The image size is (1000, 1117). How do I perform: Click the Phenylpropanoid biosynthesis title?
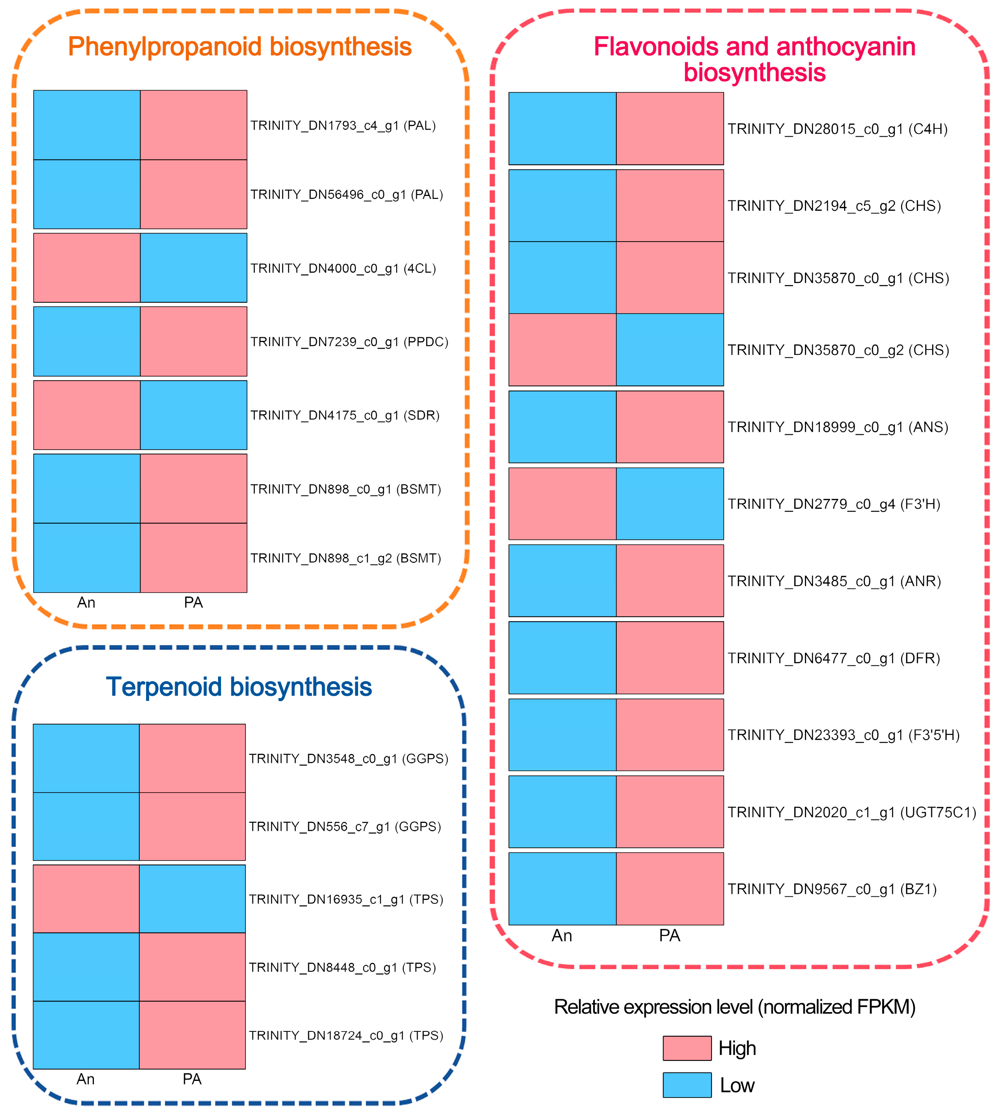click(x=239, y=47)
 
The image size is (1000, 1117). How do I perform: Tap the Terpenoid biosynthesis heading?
click(x=239, y=687)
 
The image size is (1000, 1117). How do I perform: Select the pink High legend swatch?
click(x=687, y=1048)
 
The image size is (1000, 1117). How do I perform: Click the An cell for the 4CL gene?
click(x=87, y=268)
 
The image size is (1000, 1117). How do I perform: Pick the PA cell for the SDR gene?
click(x=194, y=415)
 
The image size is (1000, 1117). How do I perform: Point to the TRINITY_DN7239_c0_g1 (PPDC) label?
click(x=349, y=342)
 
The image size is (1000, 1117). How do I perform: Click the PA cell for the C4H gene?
click(x=670, y=128)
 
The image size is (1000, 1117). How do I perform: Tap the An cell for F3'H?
click(x=562, y=503)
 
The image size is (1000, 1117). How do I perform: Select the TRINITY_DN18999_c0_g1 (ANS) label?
click(x=838, y=427)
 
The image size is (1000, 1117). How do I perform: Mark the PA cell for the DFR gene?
click(x=670, y=658)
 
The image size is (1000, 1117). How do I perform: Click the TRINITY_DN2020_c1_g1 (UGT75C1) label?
click(x=852, y=812)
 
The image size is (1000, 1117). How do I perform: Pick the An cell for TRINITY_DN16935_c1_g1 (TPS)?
click(x=86, y=899)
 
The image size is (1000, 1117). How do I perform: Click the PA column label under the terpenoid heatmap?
click(x=192, y=1079)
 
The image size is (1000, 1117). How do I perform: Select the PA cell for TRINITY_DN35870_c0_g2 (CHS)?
click(x=670, y=349)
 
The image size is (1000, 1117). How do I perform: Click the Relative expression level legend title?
click(x=735, y=1007)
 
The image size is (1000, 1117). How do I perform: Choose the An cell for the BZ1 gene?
click(x=562, y=889)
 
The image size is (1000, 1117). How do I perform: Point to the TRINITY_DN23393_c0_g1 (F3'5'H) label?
click(x=843, y=735)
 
